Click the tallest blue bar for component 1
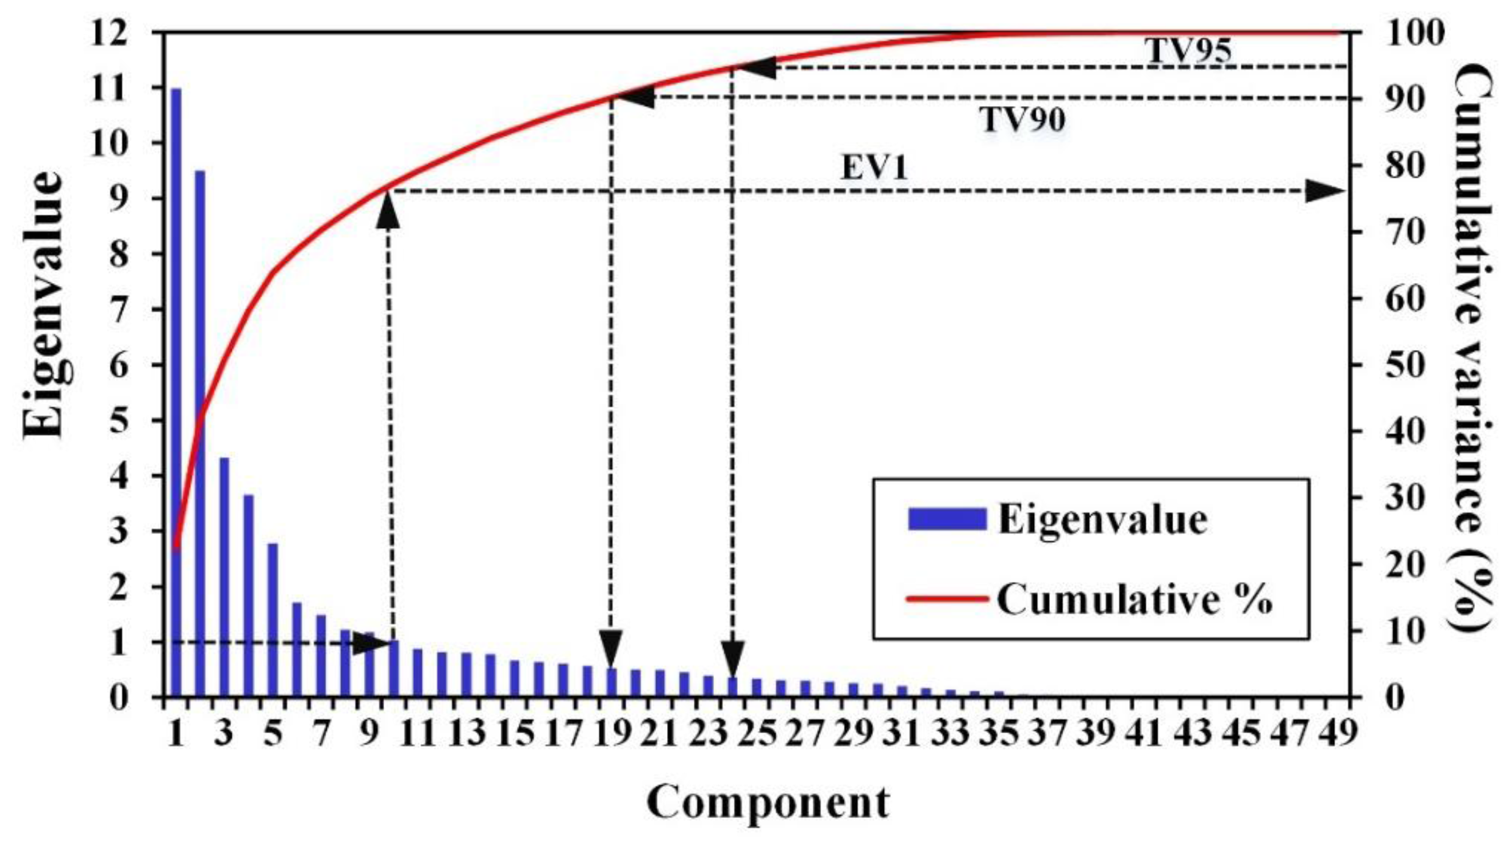tap(176, 390)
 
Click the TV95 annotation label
tap(1188, 50)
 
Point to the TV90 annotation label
tap(1022, 119)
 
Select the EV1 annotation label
tap(874, 167)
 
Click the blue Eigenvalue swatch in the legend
tap(947, 519)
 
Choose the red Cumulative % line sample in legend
tap(947, 598)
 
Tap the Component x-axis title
tap(768, 803)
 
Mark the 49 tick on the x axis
tap(1338, 733)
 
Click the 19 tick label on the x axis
tap(612, 733)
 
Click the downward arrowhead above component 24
tap(732, 658)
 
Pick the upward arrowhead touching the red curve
tap(388, 210)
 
